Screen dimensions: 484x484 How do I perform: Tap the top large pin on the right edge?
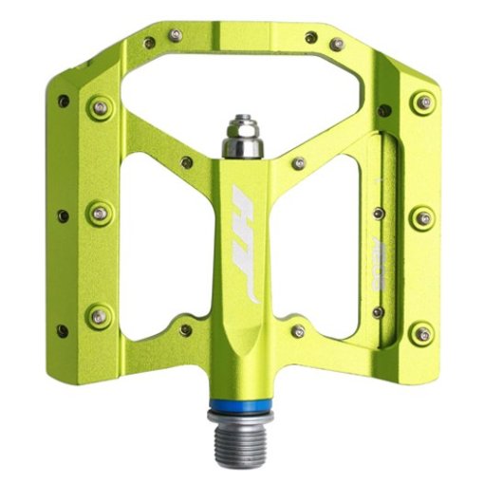tap(423, 102)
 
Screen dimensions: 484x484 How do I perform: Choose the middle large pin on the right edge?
tap(423, 218)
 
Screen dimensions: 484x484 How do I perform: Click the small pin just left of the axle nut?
tap(186, 162)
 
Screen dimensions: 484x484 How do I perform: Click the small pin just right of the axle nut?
tap(299, 162)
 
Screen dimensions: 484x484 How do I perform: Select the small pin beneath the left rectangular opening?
tap(186, 330)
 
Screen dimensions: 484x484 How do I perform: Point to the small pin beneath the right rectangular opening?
tap(299, 330)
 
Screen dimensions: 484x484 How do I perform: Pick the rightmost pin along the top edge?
tap(337, 44)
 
